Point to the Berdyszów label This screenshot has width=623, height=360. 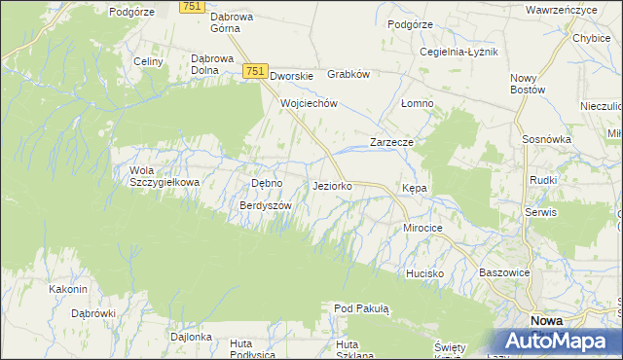click(266, 206)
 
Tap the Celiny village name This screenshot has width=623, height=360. click(148, 61)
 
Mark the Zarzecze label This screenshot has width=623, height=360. click(392, 142)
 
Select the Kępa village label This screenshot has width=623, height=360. click(415, 188)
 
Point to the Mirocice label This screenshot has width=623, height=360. click(423, 228)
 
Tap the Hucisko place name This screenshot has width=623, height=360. click(425, 273)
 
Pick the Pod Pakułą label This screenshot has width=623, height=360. click(361, 309)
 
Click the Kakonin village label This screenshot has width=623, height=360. click(68, 289)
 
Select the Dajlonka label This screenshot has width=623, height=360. click(191, 337)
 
